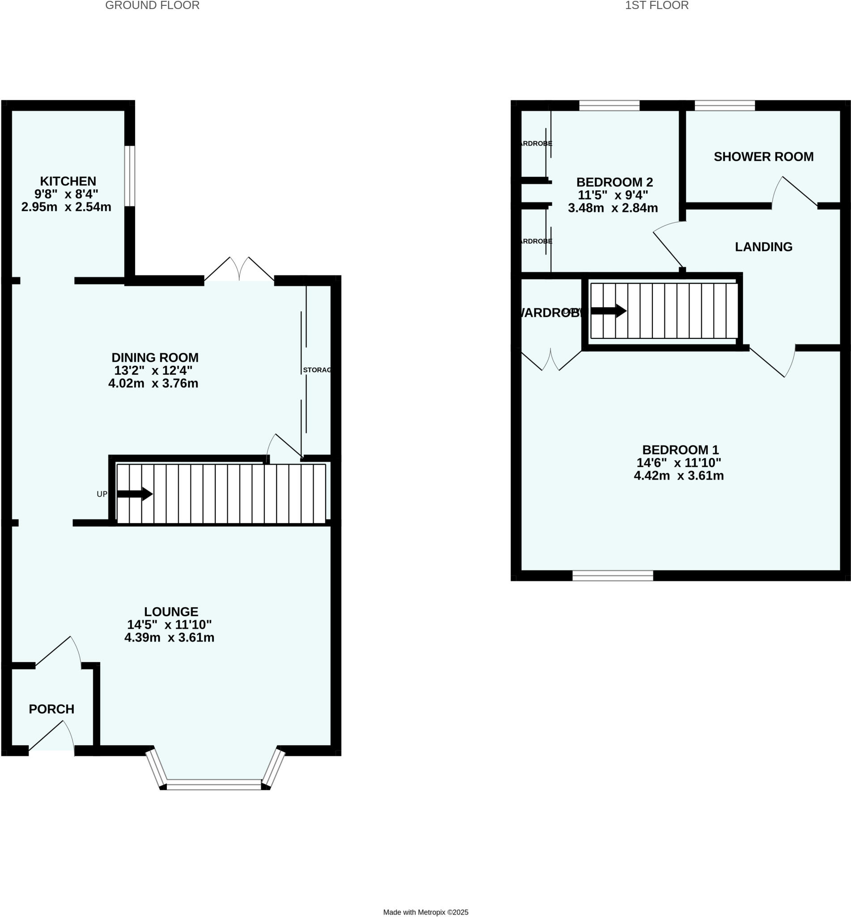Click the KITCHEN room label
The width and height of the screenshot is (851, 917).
[68, 181]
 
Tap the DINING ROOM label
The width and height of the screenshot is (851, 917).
[155, 357]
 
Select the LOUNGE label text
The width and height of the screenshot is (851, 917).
[171, 612]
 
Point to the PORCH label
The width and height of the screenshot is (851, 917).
[51, 709]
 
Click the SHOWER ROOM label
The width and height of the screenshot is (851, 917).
[763, 157]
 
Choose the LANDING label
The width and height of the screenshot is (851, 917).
[763, 247]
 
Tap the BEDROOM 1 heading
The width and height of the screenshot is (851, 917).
[680, 449]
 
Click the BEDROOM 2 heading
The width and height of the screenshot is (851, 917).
[614, 182]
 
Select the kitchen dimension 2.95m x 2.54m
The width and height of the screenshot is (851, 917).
[66, 207]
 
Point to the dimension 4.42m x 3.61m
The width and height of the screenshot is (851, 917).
[679, 476]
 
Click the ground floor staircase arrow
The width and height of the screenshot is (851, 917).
[135, 494]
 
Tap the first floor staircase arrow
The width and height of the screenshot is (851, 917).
[608, 311]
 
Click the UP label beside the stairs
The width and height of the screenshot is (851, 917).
[102, 494]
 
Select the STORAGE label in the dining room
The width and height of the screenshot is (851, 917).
[317, 370]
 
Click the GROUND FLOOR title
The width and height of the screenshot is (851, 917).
[153, 5]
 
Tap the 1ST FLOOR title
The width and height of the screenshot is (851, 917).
[657, 5]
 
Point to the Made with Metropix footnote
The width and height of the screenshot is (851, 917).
[425, 899]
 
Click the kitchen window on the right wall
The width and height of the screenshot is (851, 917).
[130, 176]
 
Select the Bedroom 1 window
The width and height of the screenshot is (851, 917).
[613, 575]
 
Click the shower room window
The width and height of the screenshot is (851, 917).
[725, 106]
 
